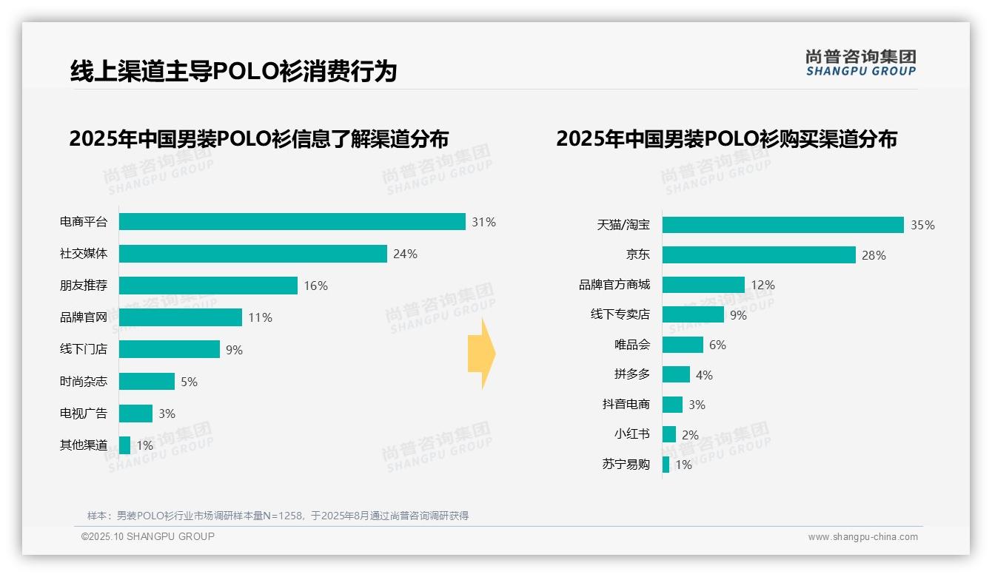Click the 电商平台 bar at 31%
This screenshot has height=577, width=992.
pos(292,222)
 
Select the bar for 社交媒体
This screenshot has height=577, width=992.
pos(252,254)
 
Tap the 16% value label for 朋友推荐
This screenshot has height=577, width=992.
pos(316,286)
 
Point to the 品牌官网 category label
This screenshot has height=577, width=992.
pos(84,317)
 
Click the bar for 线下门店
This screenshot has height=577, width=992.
pos(169,349)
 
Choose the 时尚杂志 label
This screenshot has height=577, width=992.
pos(84,381)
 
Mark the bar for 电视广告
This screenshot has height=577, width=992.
pos(135,413)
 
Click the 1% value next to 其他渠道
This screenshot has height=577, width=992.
pos(144,445)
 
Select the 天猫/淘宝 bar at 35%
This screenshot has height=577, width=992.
pos(782,225)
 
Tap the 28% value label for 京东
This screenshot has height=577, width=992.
pos(874,255)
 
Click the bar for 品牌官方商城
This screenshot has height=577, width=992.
pos(703,285)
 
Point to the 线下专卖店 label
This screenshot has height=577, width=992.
pos(620,314)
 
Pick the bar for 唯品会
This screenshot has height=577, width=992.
pos(683,345)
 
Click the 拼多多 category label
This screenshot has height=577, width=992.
pos(632,374)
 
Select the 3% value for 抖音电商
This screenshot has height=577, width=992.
pos(697,405)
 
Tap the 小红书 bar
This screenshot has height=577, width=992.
pos(669,434)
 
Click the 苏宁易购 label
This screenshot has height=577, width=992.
pos(626,465)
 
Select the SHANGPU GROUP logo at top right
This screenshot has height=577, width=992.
pos(861,63)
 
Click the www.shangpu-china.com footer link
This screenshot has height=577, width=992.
pos(862,537)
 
